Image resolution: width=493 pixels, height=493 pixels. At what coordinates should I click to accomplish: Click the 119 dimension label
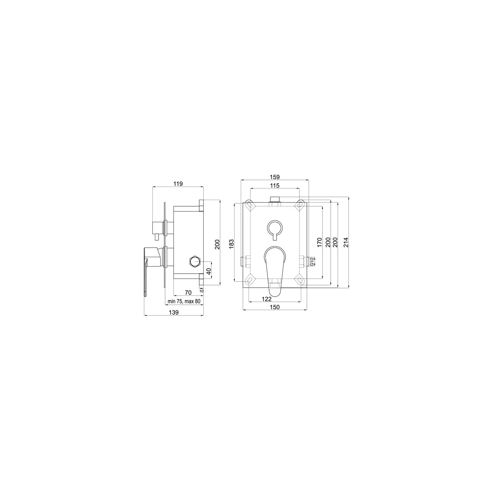click(178, 184)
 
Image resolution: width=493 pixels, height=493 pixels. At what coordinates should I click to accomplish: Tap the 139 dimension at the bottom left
click(174, 312)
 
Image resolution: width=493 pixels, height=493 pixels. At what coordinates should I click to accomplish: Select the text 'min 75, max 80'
click(184, 302)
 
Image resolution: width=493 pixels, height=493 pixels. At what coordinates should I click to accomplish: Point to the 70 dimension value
click(188, 293)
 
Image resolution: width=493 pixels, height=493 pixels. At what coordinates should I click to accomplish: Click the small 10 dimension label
click(201, 291)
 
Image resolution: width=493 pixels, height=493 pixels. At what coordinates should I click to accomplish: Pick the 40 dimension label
click(210, 272)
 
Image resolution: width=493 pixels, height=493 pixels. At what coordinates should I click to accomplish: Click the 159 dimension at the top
click(275, 177)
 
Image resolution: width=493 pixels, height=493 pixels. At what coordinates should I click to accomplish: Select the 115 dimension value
click(275, 186)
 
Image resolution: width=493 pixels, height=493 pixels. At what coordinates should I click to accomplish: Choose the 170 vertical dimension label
click(319, 242)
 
